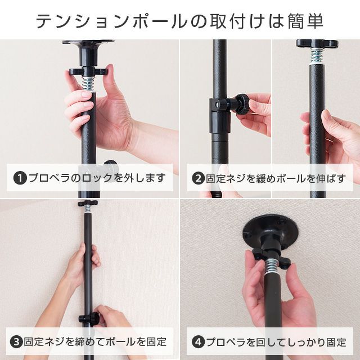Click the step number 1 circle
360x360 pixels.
coord(20,178)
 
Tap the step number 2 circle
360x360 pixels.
coord(199,178)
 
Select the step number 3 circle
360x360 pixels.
coord(16,341)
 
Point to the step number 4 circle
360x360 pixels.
coord(199,341)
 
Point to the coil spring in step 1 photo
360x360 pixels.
coord(88,84)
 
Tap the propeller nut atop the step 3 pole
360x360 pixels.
coord(88,203)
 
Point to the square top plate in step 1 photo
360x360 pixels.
coord(88,42)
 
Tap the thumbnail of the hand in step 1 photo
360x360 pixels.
coord(87,94)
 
